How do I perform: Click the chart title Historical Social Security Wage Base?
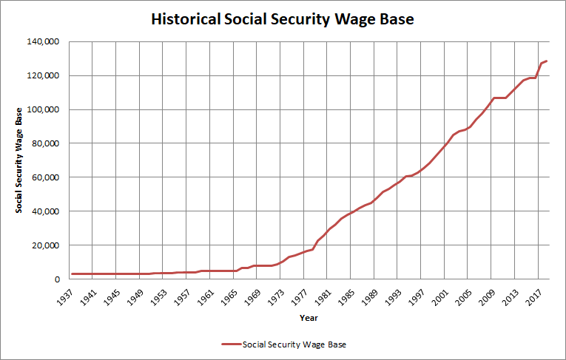283,19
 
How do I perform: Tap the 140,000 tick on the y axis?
44,42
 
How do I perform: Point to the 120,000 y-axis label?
44,76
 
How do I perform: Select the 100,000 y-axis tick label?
44,110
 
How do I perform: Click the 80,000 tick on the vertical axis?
46,144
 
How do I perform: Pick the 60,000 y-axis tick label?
46,178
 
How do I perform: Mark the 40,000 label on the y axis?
46,212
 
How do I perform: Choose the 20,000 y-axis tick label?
46,246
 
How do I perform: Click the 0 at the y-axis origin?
56,280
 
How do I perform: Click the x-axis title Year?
309,318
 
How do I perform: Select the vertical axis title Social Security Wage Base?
20,160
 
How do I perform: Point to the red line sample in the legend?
232,344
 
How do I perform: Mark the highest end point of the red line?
546,61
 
